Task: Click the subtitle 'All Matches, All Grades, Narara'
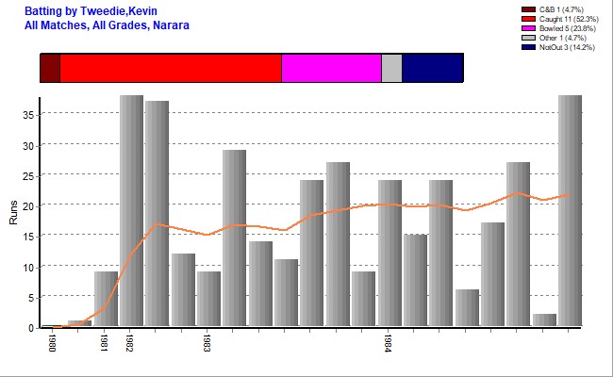point(108,25)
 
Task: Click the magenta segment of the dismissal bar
point(331,68)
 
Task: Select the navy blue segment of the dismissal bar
point(432,68)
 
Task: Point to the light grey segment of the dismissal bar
point(391,68)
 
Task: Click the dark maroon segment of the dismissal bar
point(50,68)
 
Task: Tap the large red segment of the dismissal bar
point(171,68)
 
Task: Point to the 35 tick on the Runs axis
point(28,114)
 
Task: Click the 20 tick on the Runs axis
point(28,205)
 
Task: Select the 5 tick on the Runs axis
point(31,297)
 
